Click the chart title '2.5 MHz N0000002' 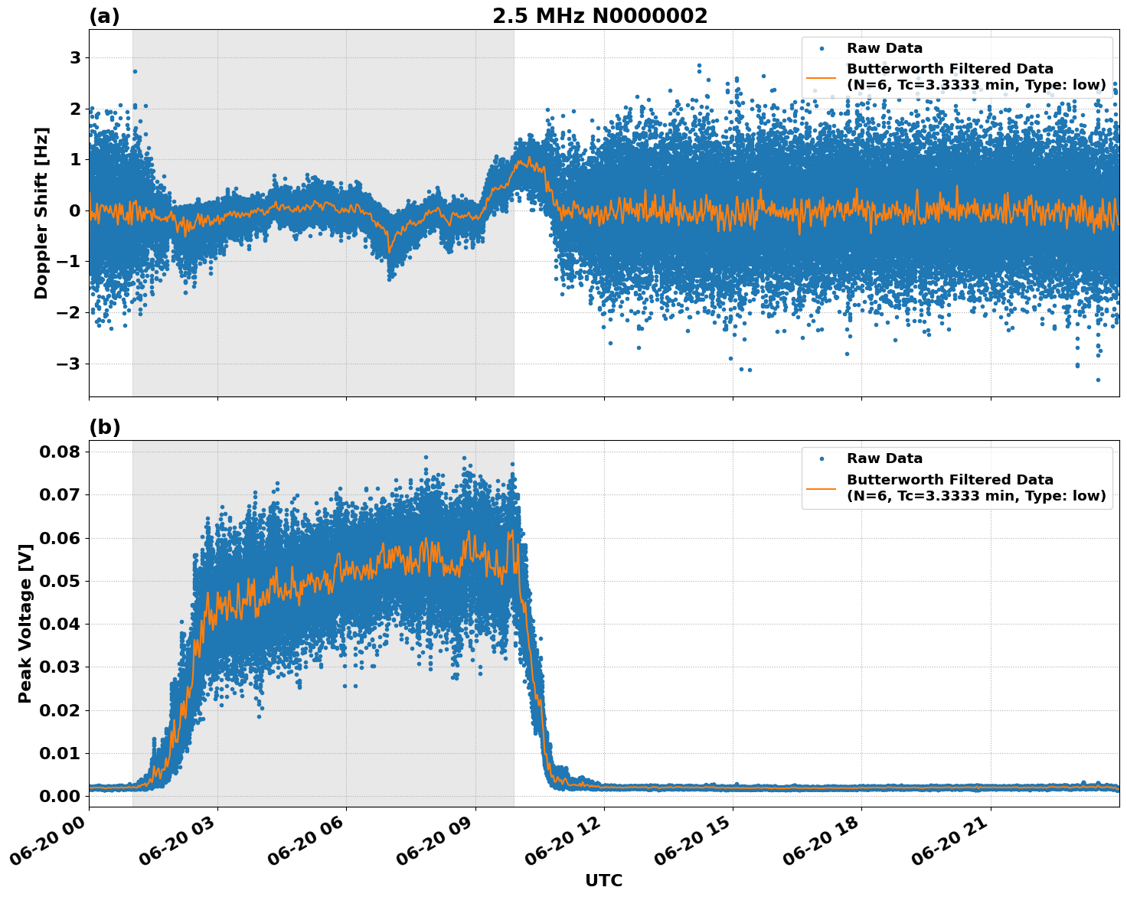click(599, 16)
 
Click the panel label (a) click(104, 16)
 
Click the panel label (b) click(104, 427)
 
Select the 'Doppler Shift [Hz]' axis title click(41, 213)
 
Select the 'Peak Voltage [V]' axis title click(25, 623)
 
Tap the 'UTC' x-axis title click(603, 880)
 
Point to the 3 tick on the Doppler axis click(75, 58)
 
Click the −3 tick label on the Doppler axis click(69, 364)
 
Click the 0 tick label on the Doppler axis click(75, 211)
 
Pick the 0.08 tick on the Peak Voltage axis click(59, 452)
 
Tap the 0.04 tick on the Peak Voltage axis click(59, 624)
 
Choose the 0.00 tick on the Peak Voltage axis click(59, 796)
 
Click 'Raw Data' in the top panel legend click(884, 48)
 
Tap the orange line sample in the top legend click(822, 77)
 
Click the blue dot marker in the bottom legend click(822, 458)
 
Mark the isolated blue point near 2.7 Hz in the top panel click(135, 71)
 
